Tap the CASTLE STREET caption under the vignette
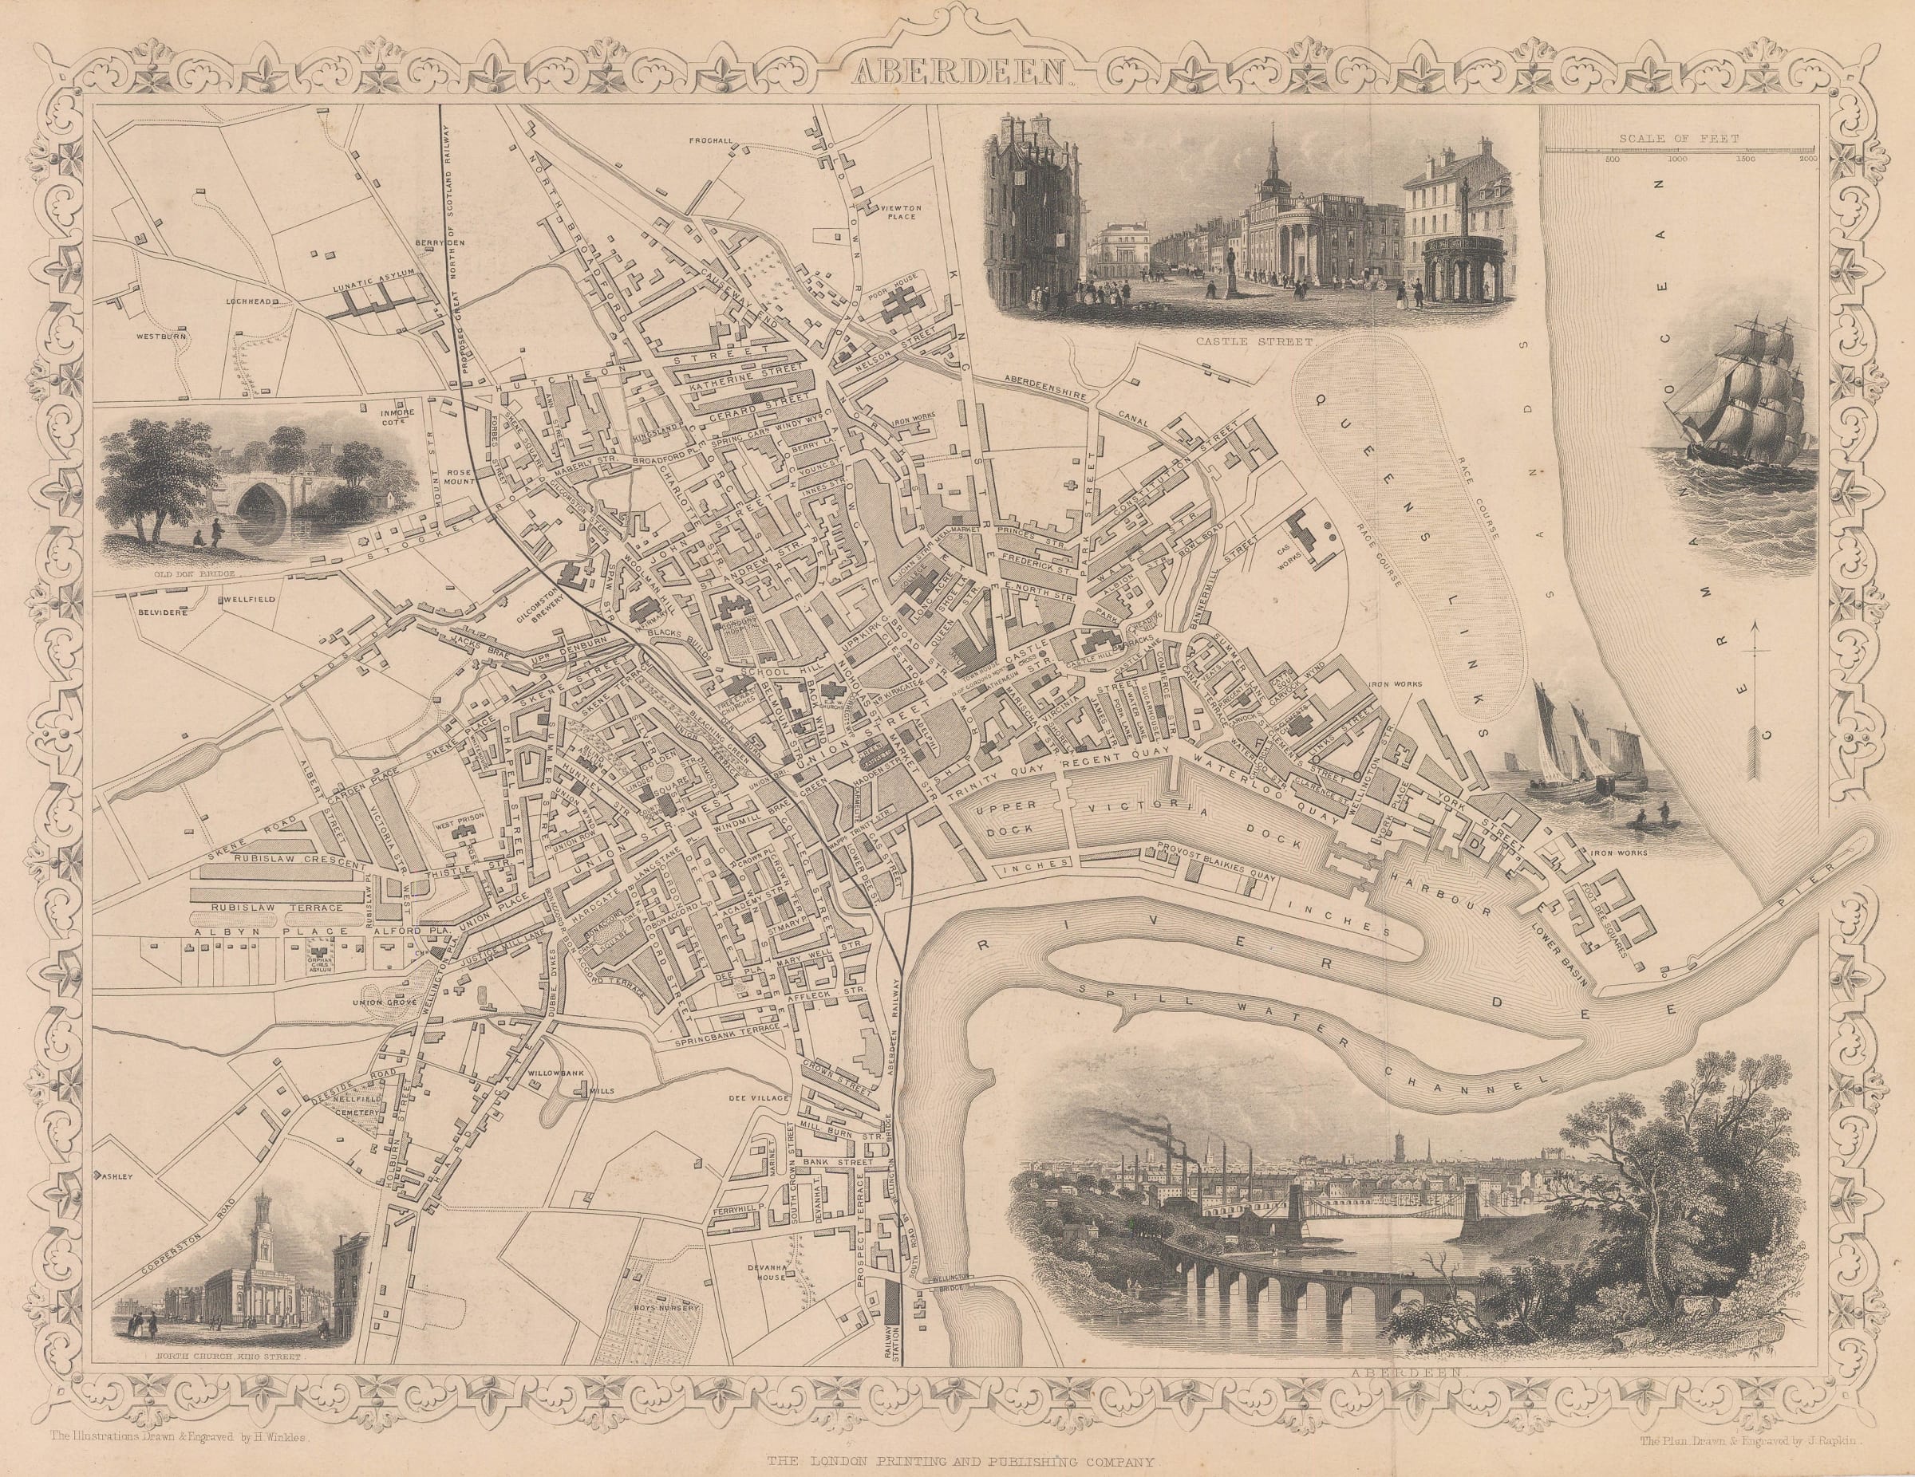click(x=1239, y=334)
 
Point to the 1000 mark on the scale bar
click(x=1652, y=160)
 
